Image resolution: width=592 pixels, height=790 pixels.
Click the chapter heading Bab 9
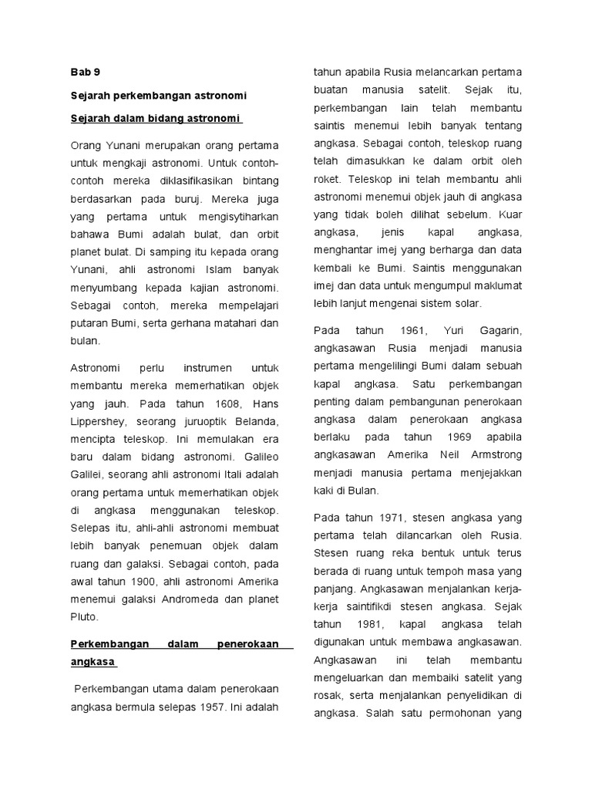pyautogui.click(x=85, y=73)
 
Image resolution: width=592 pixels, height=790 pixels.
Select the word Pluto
pyautogui.click(x=85, y=616)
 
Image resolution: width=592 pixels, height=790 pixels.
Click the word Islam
pyautogui.click(x=211, y=269)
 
